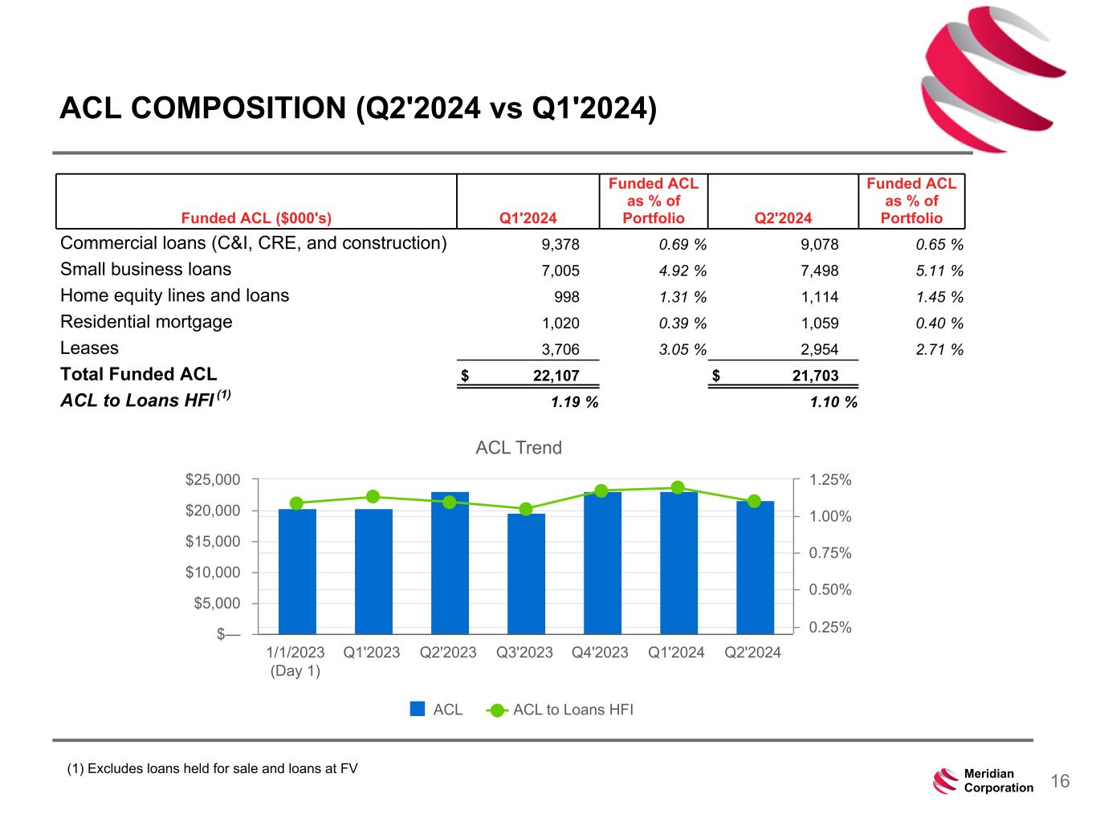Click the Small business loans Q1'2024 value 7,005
click(x=561, y=271)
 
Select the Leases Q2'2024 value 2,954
click(x=820, y=350)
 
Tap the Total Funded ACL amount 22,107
click(x=556, y=376)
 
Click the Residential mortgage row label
click(x=146, y=323)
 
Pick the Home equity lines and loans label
click(x=174, y=296)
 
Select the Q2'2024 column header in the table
click(x=784, y=218)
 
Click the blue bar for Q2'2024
click(x=755, y=568)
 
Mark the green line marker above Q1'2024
click(x=678, y=487)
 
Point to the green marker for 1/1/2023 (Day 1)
click(x=296, y=503)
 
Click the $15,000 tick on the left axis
click(x=218, y=542)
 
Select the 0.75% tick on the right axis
click(x=830, y=553)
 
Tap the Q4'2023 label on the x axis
click(x=600, y=653)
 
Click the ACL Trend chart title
click(x=519, y=448)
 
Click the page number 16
click(x=1060, y=782)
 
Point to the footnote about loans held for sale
click(x=213, y=769)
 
